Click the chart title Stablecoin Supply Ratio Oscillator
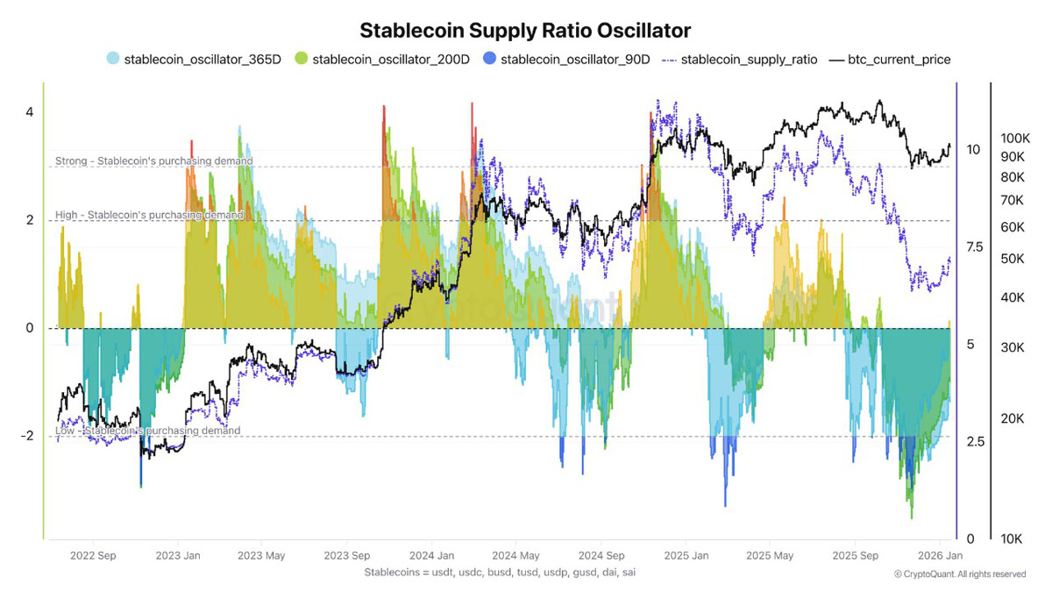tap(525, 31)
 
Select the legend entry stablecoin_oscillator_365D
tap(194, 60)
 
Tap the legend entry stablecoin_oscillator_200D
tap(382, 60)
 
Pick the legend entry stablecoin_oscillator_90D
tap(566, 60)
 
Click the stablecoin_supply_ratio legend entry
tap(740, 60)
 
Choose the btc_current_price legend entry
tap(890, 60)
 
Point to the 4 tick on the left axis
tap(30, 112)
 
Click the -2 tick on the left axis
tap(27, 436)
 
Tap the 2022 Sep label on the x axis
tap(93, 555)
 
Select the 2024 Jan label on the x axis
tap(431, 555)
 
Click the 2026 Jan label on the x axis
tap(940, 555)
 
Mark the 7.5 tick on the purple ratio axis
tap(975, 247)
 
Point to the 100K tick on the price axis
tap(1015, 139)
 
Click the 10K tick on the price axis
tap(1011, 539)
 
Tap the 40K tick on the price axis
tap(1013, 297)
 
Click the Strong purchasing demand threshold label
tap(154, 160)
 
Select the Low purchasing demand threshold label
tap(147, 431)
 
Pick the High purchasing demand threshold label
tap(149, 215)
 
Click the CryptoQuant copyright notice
tap(960, 574)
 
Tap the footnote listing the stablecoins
tap(500, 572)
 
